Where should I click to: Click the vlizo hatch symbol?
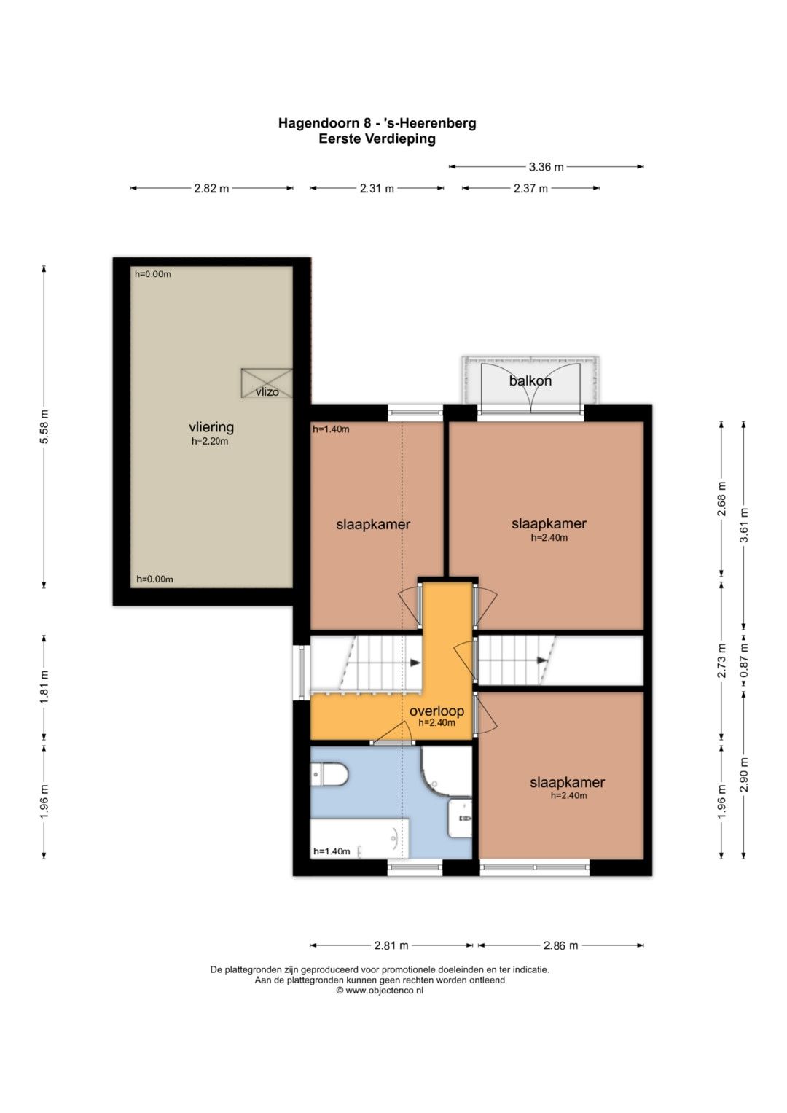tap(267, 383)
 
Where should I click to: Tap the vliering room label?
tap(211, 427)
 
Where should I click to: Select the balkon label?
tap(530, 381)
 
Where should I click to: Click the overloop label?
tap(436, 711)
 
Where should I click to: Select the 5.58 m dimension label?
tap(44, 427)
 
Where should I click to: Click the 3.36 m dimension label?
tap(546, 167)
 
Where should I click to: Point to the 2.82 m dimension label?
tap(211, 188)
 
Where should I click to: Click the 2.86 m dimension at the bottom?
tap(560, 945)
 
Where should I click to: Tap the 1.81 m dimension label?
tap(44, 687)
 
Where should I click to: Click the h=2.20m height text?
tap(210, 441)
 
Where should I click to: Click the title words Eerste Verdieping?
tap(377, 139)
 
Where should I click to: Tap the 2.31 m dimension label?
tap(377, 188)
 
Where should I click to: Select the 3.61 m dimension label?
tap(743, 526)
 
